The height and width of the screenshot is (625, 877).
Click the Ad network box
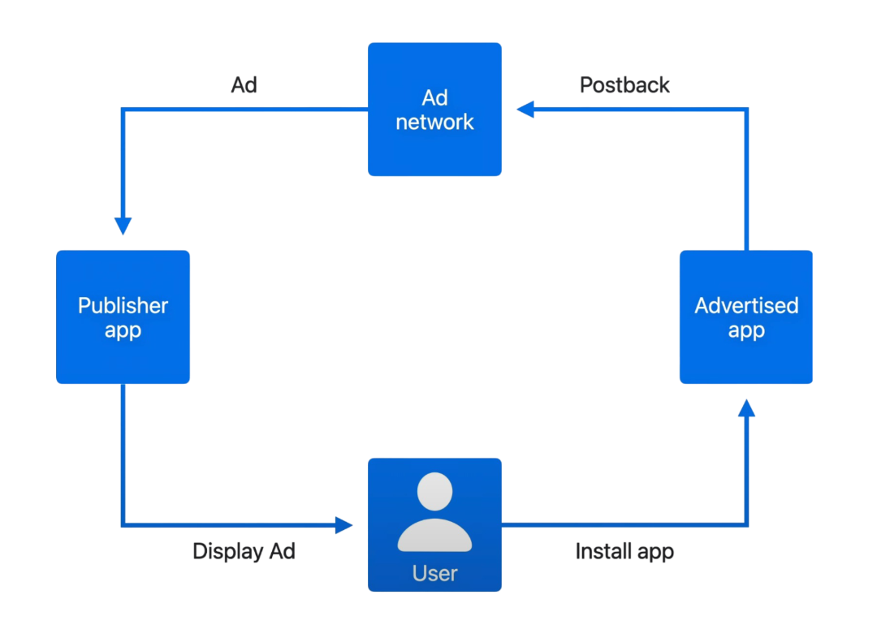(434, 109)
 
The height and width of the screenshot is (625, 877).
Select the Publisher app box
(123, 317)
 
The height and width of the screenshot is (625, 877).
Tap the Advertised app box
(745, 317)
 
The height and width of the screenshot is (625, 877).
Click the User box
(434, 524)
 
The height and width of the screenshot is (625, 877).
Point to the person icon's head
(434, 493)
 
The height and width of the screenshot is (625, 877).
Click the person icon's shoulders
(434, 536)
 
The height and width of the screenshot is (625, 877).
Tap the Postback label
(624, 84)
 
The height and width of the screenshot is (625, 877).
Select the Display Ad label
(244, 551)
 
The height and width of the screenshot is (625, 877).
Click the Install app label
(624, 551)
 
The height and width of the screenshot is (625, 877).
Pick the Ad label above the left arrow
(244, 84)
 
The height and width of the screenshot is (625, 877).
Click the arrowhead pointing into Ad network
(525, 110)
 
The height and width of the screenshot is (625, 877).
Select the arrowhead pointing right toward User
(344, 525)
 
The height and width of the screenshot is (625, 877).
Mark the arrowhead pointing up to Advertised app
(746, 408)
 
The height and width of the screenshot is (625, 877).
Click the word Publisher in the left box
(123, 305)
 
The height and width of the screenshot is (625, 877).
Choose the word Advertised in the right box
(746, 305)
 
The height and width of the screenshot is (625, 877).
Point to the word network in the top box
(434, 123)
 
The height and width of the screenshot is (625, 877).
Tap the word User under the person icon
(434, 573)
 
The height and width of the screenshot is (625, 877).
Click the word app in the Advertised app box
(746, 331)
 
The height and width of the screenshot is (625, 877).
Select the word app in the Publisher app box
(123, 331)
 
